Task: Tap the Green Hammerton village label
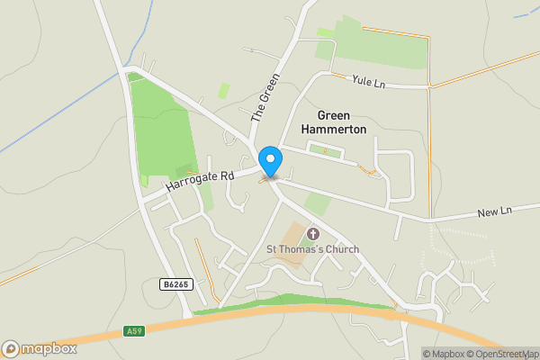342,122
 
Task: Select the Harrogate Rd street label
199,180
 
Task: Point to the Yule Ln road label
369,82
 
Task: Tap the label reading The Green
260,96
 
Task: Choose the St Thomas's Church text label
312,249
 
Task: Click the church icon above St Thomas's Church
312,234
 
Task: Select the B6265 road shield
175,284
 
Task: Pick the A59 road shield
133,331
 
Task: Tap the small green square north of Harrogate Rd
223,91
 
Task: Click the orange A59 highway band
270,311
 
